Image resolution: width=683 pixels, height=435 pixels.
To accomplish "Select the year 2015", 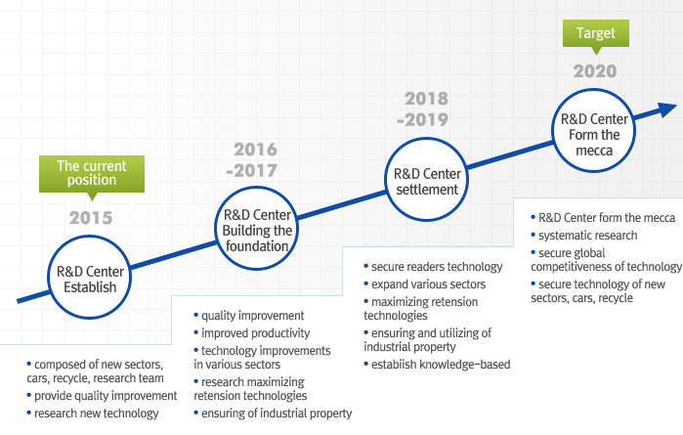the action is [x=91, y=218].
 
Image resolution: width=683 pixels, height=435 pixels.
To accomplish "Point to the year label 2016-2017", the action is [x=252, y=160].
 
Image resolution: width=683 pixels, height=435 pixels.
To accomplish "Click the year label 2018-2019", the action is [x=423, y=109].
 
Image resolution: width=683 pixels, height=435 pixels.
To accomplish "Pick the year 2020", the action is [x=595, y=71].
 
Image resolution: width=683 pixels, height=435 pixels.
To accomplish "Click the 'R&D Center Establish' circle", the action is [x=90, y=277].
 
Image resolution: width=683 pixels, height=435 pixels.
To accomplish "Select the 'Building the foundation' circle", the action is [x=257, y=228].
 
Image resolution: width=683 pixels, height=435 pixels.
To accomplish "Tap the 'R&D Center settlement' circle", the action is [x=427, y=179].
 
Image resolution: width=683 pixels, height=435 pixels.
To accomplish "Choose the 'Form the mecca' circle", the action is [x=594, y=130].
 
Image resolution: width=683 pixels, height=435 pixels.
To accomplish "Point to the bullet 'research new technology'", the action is [x=93, y=413].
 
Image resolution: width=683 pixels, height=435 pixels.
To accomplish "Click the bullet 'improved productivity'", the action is [x=252, y=333].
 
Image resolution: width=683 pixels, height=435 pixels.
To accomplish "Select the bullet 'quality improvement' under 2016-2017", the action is [x=249, y=316].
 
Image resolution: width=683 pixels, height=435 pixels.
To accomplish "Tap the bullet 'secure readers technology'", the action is [x=433, y=267].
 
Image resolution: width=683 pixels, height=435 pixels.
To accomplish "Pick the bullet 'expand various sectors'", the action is [x=425, y=284].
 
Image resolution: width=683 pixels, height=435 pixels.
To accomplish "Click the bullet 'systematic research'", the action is [x=584, y=236].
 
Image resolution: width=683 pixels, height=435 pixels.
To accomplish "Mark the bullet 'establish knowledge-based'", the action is [x=437, y=365].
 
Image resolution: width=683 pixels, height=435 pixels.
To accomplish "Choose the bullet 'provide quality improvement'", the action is [x=102, y=396].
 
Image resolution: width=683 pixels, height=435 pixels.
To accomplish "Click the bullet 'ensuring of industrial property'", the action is [x=273, y=413].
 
